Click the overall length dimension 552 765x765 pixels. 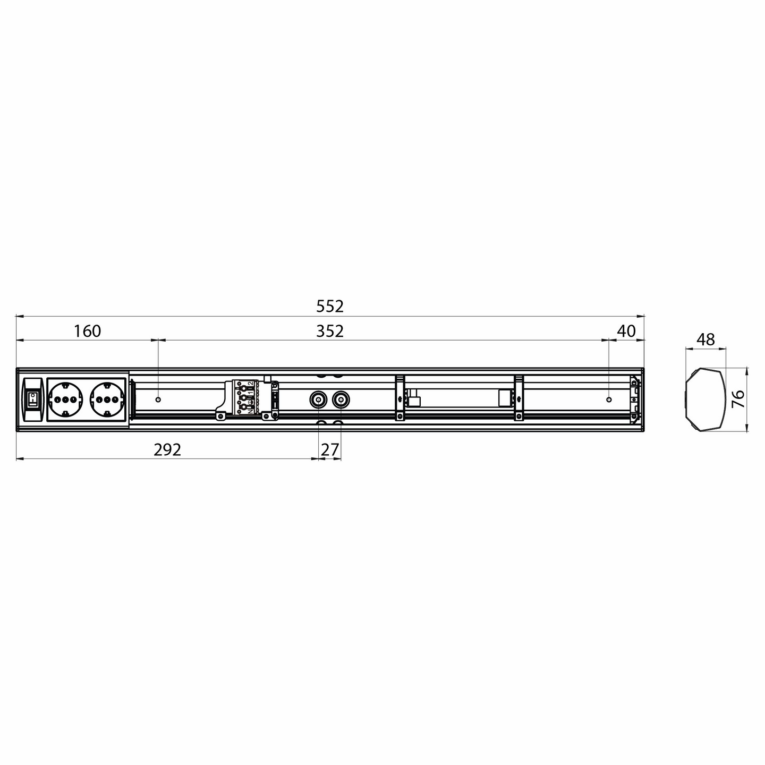click(x=330, y=307)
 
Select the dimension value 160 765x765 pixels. click(x=87, y=331)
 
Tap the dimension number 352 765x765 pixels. click(x=330, y=331)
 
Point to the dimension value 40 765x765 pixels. click(x=627, y=331)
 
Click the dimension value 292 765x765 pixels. click(x=167, y=450)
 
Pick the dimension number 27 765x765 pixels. click(x=330, y=450)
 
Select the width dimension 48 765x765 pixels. click(x=705, y=339)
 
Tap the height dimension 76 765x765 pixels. click(x=738, y=398)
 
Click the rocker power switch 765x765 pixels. click(x=32, y=398)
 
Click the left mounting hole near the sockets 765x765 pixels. click(x=158, y=398)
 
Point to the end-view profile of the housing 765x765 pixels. click(x=705, y=398)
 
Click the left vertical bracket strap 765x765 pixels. click(x=399, y=397)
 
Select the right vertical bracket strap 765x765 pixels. click(x=518, y=397)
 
